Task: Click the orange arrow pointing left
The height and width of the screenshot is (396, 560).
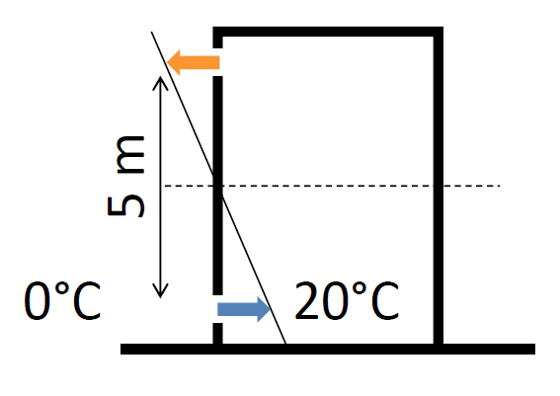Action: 193,62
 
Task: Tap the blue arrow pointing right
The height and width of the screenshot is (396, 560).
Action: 244,309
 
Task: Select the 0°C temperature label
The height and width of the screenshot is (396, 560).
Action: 62,301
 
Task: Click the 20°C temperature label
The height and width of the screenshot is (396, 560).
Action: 347,301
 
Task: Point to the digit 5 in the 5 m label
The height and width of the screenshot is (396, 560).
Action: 126,205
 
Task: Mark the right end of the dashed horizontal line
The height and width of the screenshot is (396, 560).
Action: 500,186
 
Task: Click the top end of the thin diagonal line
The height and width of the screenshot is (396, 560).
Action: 152,33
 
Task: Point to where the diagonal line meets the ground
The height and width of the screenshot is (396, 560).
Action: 285,344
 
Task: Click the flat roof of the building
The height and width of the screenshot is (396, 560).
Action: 328,32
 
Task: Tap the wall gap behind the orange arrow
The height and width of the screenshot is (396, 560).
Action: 218,62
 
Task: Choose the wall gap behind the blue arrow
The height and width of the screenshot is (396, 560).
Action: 218,309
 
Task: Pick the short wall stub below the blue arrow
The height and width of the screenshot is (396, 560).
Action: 218,334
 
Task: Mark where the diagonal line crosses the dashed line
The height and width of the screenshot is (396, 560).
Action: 218,186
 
